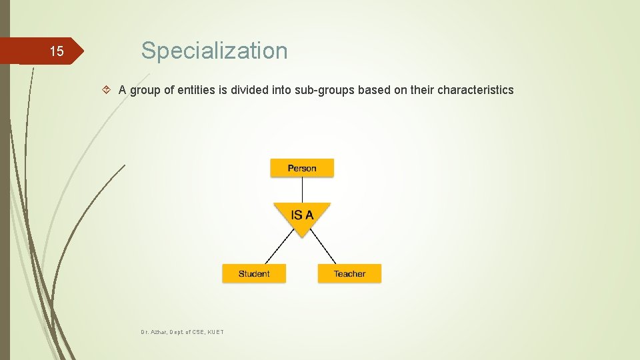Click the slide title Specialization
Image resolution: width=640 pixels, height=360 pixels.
[214, 51]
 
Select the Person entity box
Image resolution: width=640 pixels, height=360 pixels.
[302, 168]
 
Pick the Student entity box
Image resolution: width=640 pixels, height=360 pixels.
[254, 273]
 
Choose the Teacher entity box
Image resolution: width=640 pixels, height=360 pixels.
[349, 273]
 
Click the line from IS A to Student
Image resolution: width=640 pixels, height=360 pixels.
[279, 249]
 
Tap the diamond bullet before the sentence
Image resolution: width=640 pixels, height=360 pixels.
[108, 90]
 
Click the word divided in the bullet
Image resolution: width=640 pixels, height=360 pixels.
[249, 90]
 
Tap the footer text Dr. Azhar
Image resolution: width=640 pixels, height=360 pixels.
[153, 331]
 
